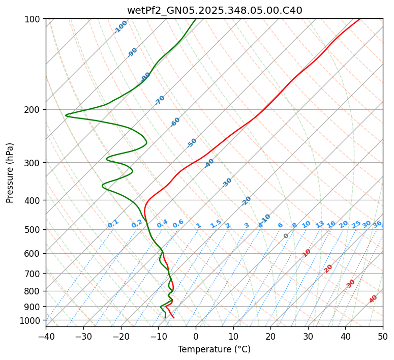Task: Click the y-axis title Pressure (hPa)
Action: (x=10, y=172)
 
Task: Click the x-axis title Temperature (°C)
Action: (x=214, y=350)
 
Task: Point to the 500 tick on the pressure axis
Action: (x=34, y=230)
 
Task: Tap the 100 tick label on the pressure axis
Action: (x=34, y=19)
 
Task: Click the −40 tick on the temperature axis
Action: (x=46, y=336)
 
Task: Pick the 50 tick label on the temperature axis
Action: (x=383, y=336)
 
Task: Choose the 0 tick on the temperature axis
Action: (x=196, y=336)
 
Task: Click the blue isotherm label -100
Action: (x=121, y=27)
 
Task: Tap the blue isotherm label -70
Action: (x=160, y=100)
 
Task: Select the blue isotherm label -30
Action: (x=227, y=182)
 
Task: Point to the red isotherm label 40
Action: (x=373, y=299)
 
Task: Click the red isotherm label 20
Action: (x=328, y=268)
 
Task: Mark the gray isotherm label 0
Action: (x=286, y=236)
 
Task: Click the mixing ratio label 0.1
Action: (x=113, y=223)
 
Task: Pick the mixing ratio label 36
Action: (x=377, y=224)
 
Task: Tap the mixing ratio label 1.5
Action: (x=216, y=223)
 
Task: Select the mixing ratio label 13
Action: (x=320, y=224)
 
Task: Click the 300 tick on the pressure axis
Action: (x=34, y=163)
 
